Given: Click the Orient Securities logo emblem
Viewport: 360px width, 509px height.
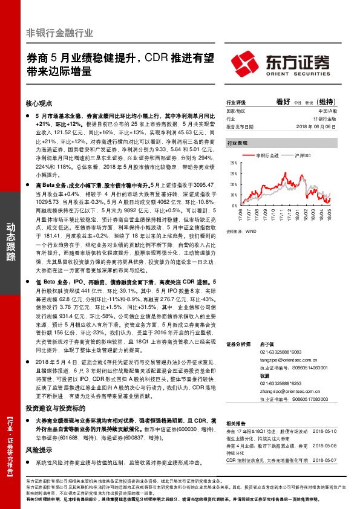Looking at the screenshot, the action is tap(245, 63).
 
